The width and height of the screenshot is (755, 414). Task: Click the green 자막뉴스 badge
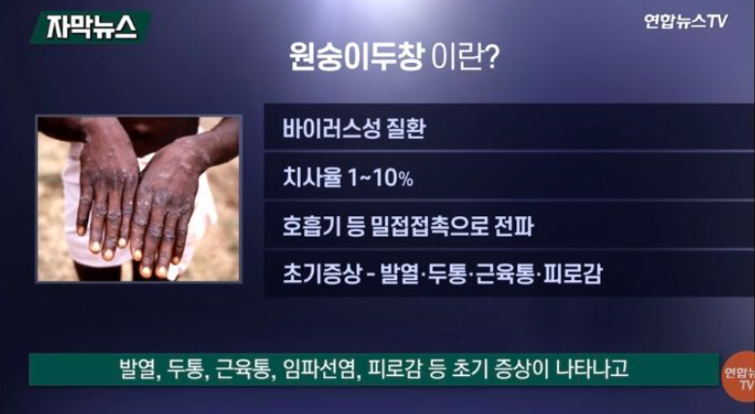(x=90, y=28)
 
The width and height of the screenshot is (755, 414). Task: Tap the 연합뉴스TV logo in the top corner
(x=686, y=21)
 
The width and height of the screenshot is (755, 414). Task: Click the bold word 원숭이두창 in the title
(x=356, y=60)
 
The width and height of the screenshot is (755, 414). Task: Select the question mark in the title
(x=490, y=60)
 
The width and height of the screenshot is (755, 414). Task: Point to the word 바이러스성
(x=328, y=128)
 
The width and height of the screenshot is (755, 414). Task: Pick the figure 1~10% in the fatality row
(x=379, y=177)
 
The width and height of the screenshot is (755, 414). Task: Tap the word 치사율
(x=312, y=177)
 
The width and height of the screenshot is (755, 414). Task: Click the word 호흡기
(x=312, y=227)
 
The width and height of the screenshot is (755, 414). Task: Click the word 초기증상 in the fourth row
(x=320, y=274)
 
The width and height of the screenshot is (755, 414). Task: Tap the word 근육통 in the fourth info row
(x=504, y=274)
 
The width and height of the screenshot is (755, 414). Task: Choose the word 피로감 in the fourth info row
(x=573, y=274)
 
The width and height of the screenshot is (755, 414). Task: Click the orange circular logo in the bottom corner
(x=739, y=377)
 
